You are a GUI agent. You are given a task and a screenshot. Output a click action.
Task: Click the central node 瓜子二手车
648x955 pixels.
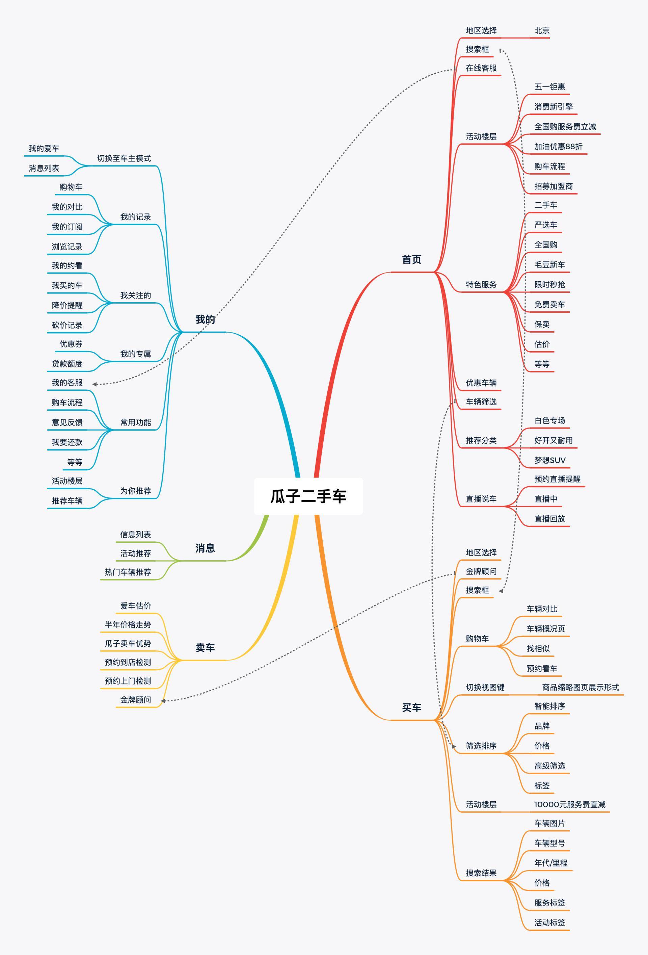point(308,496)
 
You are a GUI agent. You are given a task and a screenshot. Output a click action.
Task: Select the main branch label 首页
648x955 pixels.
point(411,260)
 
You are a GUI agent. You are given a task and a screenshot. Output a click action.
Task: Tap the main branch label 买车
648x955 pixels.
point(411,707)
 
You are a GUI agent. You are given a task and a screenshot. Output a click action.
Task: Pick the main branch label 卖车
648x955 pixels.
point(205,648)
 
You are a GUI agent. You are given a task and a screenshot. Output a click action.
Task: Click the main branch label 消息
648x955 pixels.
point(205,548)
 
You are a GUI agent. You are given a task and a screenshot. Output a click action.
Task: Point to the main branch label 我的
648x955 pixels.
point(205,319)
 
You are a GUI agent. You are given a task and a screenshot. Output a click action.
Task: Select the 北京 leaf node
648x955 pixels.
point(542,30)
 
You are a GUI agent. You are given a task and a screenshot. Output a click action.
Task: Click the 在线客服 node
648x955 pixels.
point(481,68)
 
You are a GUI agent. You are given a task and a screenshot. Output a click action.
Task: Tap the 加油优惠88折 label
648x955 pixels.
point(559,147)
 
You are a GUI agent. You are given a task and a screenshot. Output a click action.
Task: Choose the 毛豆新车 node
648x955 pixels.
point(549,265)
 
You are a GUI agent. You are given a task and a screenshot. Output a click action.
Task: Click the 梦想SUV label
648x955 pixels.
point(550,460)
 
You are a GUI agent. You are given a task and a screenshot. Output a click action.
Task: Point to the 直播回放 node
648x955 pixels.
point(549,519)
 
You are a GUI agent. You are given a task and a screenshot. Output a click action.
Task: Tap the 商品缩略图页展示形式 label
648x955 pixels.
point(580,688)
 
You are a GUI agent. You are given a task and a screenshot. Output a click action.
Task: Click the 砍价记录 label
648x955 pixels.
point(67,326)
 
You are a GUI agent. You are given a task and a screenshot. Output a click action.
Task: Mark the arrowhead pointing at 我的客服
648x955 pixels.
point(94,384)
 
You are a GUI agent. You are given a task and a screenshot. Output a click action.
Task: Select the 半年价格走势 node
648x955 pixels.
point(128,625)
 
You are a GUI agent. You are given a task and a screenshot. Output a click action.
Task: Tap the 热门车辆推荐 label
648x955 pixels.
point(128,572)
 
